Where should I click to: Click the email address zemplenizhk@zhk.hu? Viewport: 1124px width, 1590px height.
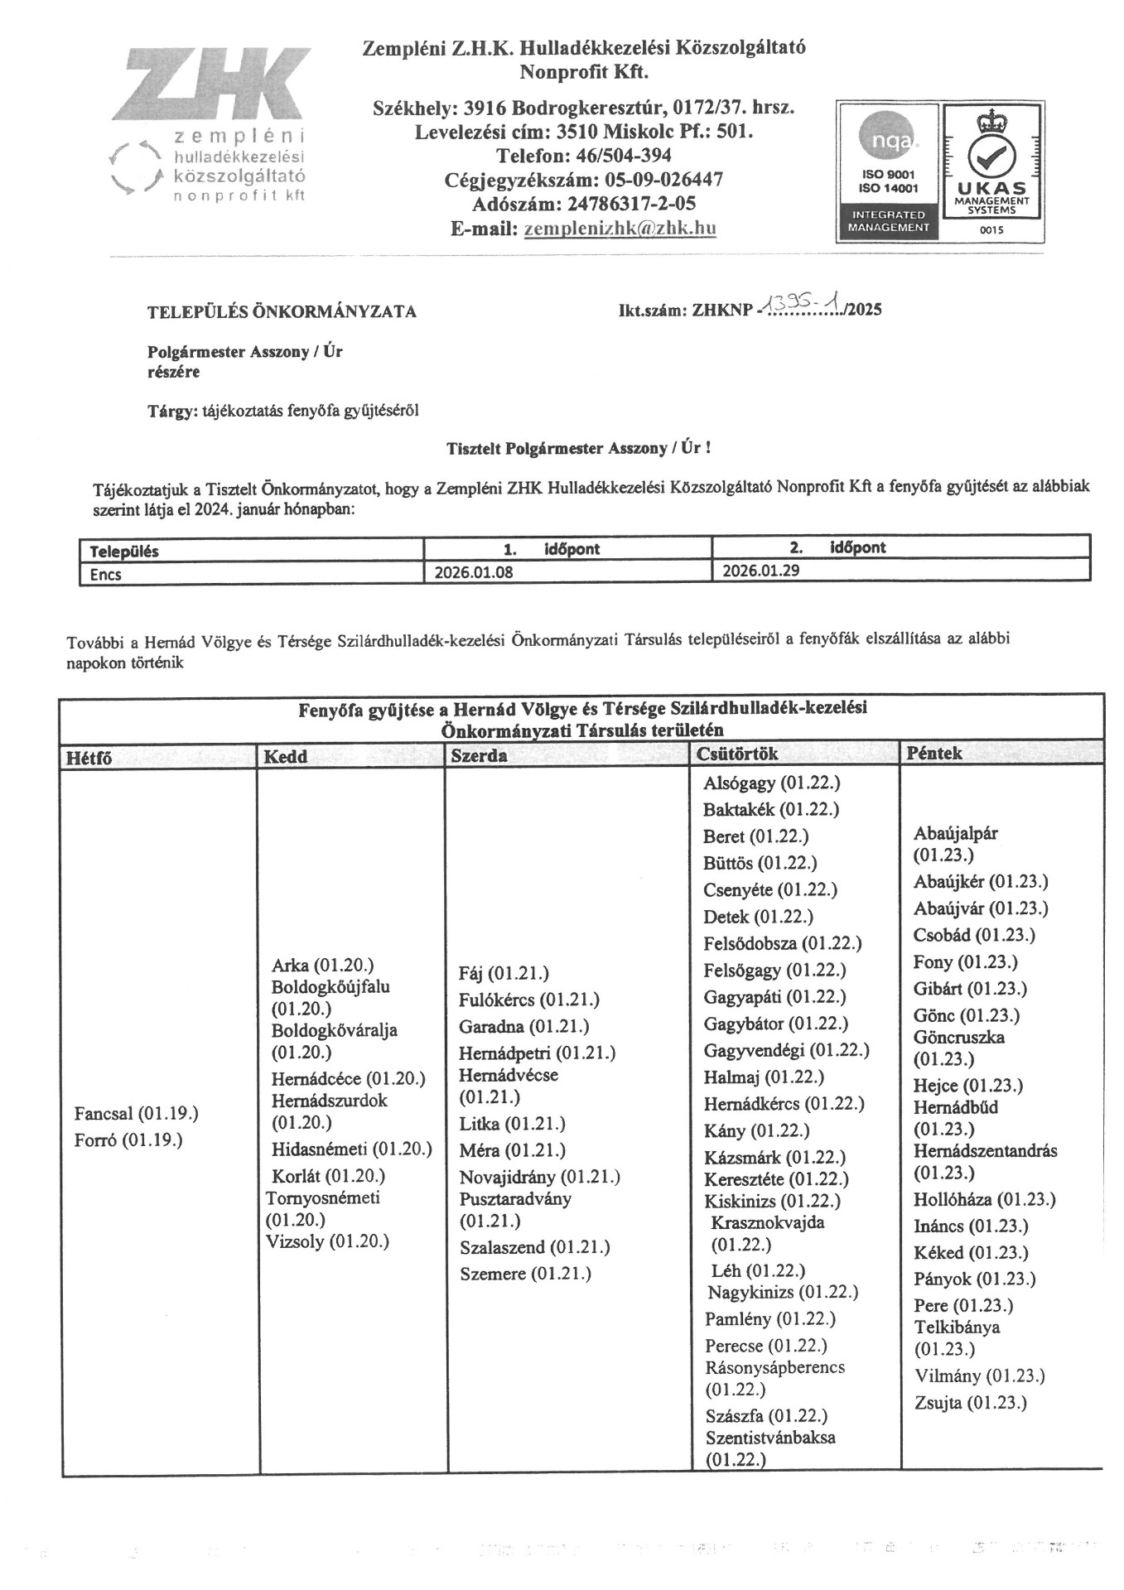pyautogui.click(x=620, y=229)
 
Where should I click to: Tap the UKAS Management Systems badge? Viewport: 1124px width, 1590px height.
pyautogui.click(x=991, y=172)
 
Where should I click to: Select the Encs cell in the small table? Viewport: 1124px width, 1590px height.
pyautogui.click(x=106, y=574)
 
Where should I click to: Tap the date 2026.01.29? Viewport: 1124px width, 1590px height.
pyautogui.click(x=761, y=571)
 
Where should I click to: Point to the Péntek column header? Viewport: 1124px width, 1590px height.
pyautogui.click(x=934, y=753)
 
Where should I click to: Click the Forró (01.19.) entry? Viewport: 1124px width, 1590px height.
pyautogui.click(x=128, y=1140)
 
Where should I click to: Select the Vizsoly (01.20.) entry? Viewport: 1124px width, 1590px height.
pyautogui.click(x=327, y=1241)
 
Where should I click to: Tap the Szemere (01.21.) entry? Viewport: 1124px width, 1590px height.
pyautogui.click(x=525, y=1274)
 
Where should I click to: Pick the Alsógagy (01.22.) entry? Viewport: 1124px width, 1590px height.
pyautogui.click(x=771, y=783)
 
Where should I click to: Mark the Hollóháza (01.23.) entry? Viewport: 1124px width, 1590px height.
pyautogui.click(x=984, y=1200)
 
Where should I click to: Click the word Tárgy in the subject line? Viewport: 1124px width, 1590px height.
pyautogui.click(x=171, y=411)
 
